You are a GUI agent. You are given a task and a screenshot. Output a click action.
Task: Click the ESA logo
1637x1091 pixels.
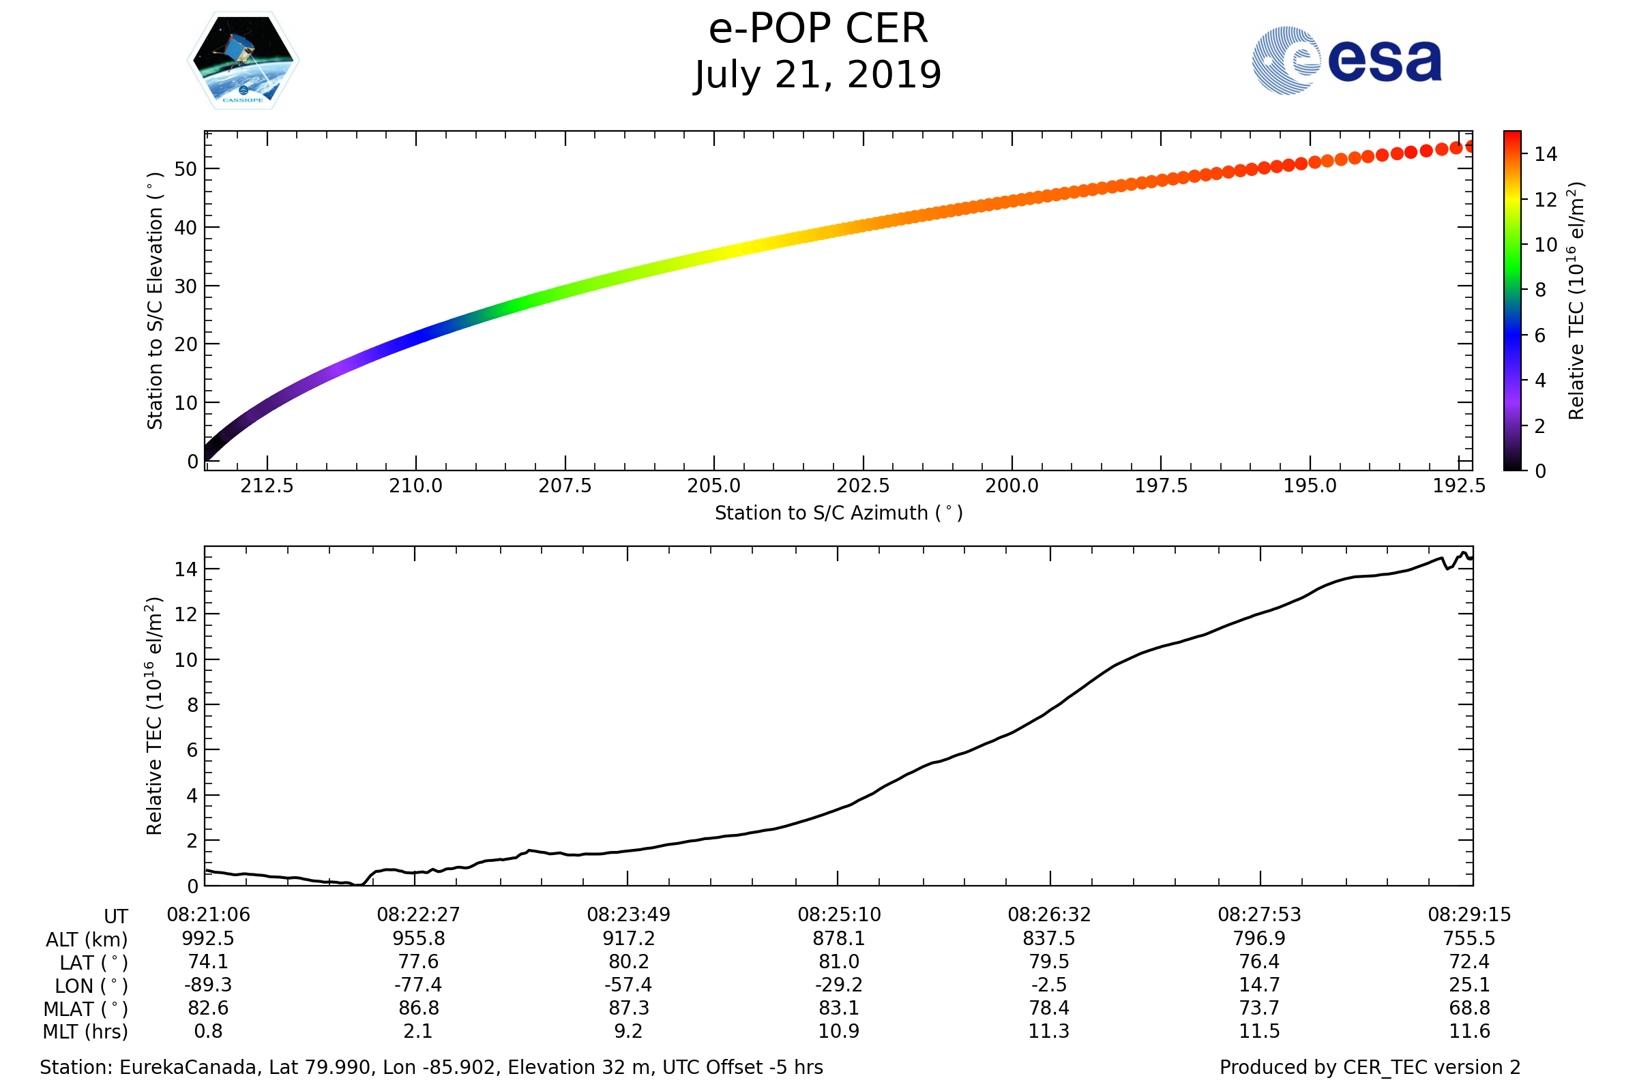point(1346,61)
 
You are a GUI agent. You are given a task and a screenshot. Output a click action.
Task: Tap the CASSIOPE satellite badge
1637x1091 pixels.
point(243,61)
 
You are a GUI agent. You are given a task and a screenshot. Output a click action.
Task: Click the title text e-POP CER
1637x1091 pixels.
point(818,29)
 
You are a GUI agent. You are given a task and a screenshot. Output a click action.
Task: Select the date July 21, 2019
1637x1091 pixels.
point(818,75)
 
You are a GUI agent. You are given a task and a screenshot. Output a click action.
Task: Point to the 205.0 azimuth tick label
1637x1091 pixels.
point(713,485)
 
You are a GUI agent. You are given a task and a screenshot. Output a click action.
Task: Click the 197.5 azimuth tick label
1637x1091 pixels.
point(1160,485)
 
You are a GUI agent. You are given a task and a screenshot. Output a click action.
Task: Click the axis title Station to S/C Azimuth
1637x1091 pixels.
point(838,513)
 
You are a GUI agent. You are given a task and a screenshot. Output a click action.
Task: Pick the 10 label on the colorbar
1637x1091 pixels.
point(1545,245)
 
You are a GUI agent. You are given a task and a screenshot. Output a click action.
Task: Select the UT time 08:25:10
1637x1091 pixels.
point(839,914)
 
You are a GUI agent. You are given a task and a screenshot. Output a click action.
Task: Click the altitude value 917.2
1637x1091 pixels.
point(628,938)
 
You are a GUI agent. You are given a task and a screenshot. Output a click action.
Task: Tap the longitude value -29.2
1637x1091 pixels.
point(839,985)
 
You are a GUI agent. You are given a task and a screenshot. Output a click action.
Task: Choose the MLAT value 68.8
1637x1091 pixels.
point(1469,1008)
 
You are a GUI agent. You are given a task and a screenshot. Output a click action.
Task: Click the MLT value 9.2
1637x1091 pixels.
point(628,1031)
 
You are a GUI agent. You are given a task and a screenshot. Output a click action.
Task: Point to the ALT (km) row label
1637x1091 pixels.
point(87,940)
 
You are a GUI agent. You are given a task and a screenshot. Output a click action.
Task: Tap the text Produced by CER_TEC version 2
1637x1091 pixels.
point(1369,1067)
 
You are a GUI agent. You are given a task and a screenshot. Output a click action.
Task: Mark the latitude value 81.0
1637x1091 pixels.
point(839,961)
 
